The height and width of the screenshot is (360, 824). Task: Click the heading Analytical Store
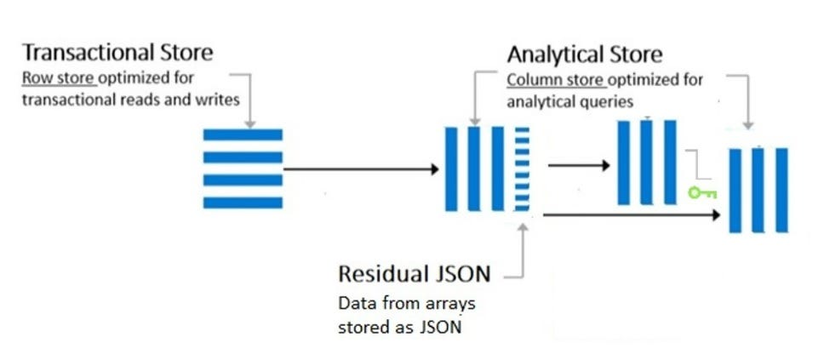coord(584,54)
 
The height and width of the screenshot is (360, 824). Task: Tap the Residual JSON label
coord(414,274)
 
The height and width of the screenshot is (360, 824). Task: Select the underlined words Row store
coord(58,77)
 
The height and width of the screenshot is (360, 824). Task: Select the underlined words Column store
coord(556,80)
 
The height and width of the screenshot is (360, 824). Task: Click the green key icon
coord(702,193)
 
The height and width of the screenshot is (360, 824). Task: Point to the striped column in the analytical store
coord(522,169)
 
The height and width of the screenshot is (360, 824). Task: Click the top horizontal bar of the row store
coord(243,135)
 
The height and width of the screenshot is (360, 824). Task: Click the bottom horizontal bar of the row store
coord(243,203)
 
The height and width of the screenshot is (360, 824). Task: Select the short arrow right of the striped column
coord(579,165)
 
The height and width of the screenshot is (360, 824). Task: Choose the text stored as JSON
coord(399,326)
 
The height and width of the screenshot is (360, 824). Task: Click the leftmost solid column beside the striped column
coord(452,169)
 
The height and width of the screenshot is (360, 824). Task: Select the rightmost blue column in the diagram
coord(781,190)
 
